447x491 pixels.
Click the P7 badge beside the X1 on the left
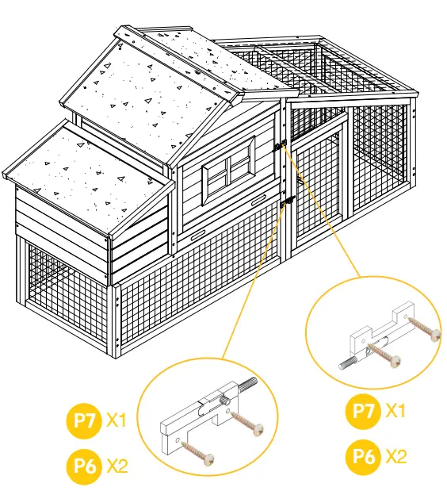coord(84,420)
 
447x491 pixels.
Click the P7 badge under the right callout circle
coord(364,411)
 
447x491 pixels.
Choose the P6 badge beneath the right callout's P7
coord(364,456)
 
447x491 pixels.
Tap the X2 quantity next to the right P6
coord(396,456)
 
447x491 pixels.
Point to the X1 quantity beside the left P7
coord(117,420)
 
